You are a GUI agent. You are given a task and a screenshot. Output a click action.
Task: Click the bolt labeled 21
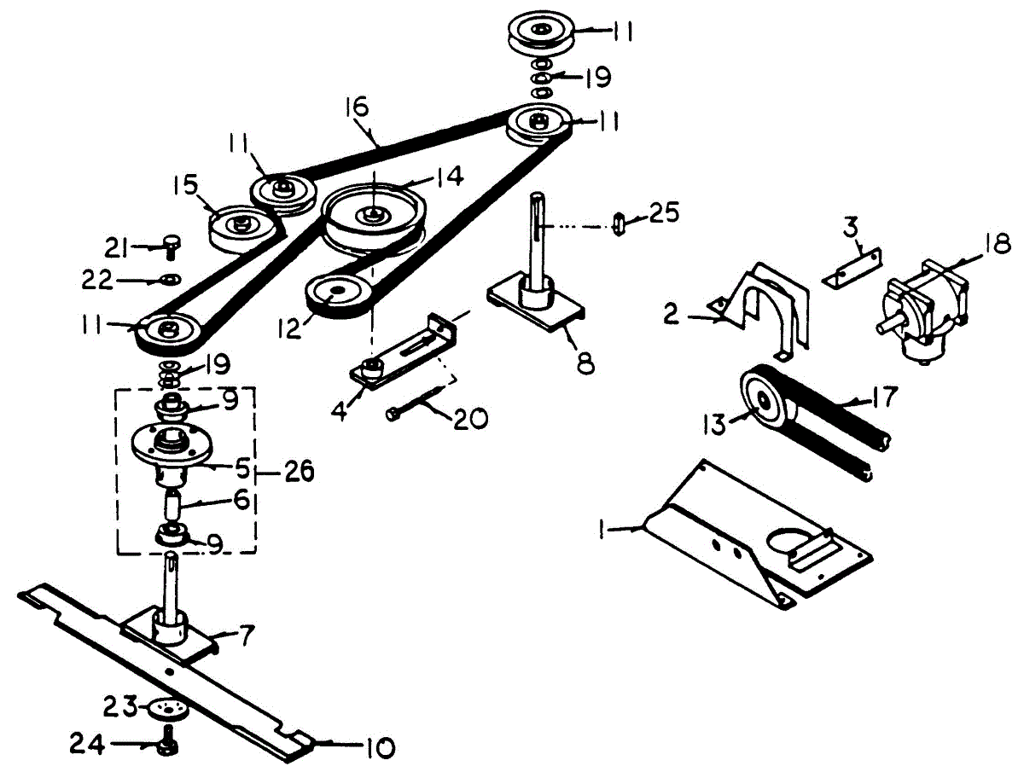point(172,247)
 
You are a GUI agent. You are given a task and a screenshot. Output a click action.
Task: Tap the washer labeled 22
point(172,278)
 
